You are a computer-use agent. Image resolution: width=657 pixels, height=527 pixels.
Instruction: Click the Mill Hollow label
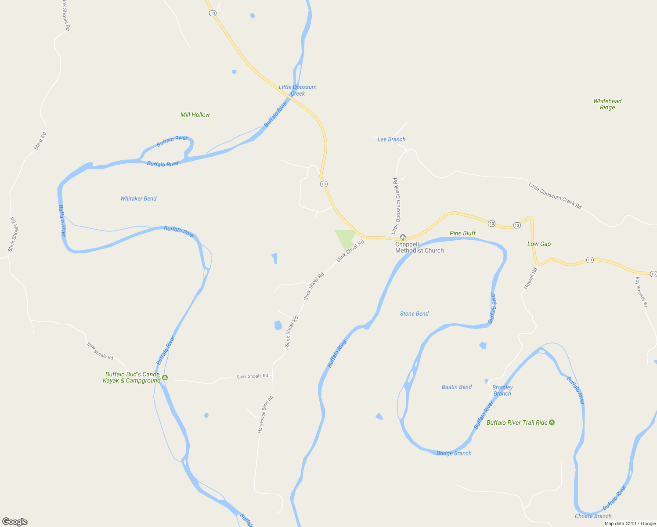[x=195, y=115]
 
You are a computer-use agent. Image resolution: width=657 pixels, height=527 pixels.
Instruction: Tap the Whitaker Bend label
[x=138, y=199]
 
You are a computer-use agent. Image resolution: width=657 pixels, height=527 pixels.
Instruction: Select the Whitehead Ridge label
[x=607, y=104]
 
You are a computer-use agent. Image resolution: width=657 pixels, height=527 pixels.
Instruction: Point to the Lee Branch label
[x=391, y=139]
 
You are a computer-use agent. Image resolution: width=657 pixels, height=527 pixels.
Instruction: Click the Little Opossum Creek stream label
[x=298, y=90]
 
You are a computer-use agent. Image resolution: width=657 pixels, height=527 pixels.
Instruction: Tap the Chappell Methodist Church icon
[x=403, y=237]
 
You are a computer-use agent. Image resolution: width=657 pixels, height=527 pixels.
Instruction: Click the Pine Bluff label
[x=462, y=233]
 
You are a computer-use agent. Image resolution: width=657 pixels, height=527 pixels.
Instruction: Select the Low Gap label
[x=539, y=244]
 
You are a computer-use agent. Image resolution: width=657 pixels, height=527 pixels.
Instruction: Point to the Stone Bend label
[x=414, y=314]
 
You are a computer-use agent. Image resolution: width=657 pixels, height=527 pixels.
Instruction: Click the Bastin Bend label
[x=457, y=387]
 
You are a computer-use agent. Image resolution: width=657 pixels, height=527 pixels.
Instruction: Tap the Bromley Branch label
[x=502, y=390]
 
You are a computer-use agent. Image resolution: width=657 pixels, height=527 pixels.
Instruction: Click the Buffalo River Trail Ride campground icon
[x=552, y=422]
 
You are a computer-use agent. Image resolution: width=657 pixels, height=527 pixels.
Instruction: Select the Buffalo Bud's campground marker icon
[x=165, y=378]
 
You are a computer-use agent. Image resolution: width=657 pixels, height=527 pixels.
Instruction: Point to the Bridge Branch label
[x=454, y=453]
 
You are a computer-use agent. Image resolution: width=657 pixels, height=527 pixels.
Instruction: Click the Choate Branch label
[x=593, y=516]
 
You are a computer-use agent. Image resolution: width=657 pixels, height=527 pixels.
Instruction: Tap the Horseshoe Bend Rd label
[x=265, y=415]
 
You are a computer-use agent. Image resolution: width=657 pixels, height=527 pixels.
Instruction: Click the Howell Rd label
[x=531, y=278]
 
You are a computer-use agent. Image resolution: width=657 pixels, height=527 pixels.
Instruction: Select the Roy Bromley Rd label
[x=641, y=291]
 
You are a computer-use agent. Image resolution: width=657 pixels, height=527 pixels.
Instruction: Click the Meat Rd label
[x=40, y=141]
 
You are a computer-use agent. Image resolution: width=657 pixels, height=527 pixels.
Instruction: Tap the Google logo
[x=15, y=522]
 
